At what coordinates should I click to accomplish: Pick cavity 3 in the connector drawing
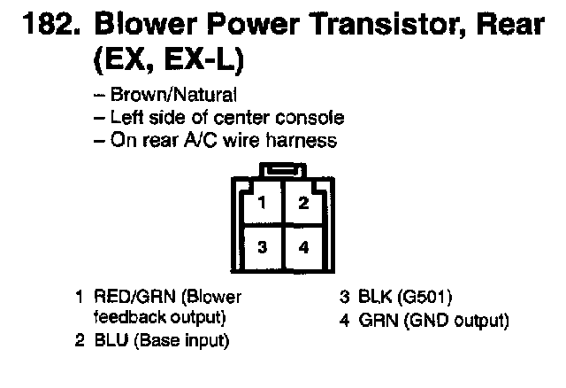point(262,247)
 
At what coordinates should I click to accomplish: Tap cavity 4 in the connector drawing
point(303,247)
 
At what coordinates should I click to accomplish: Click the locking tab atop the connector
point(282,170)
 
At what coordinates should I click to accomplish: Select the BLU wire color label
point(108,339)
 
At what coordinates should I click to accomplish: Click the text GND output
point(455,320)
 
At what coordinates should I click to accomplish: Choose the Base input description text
point(181,339)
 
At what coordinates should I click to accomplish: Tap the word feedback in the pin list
point(125,317)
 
